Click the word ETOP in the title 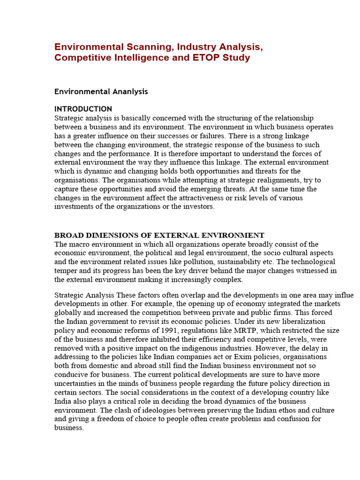(206, 58)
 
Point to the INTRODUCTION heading (83, 109)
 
